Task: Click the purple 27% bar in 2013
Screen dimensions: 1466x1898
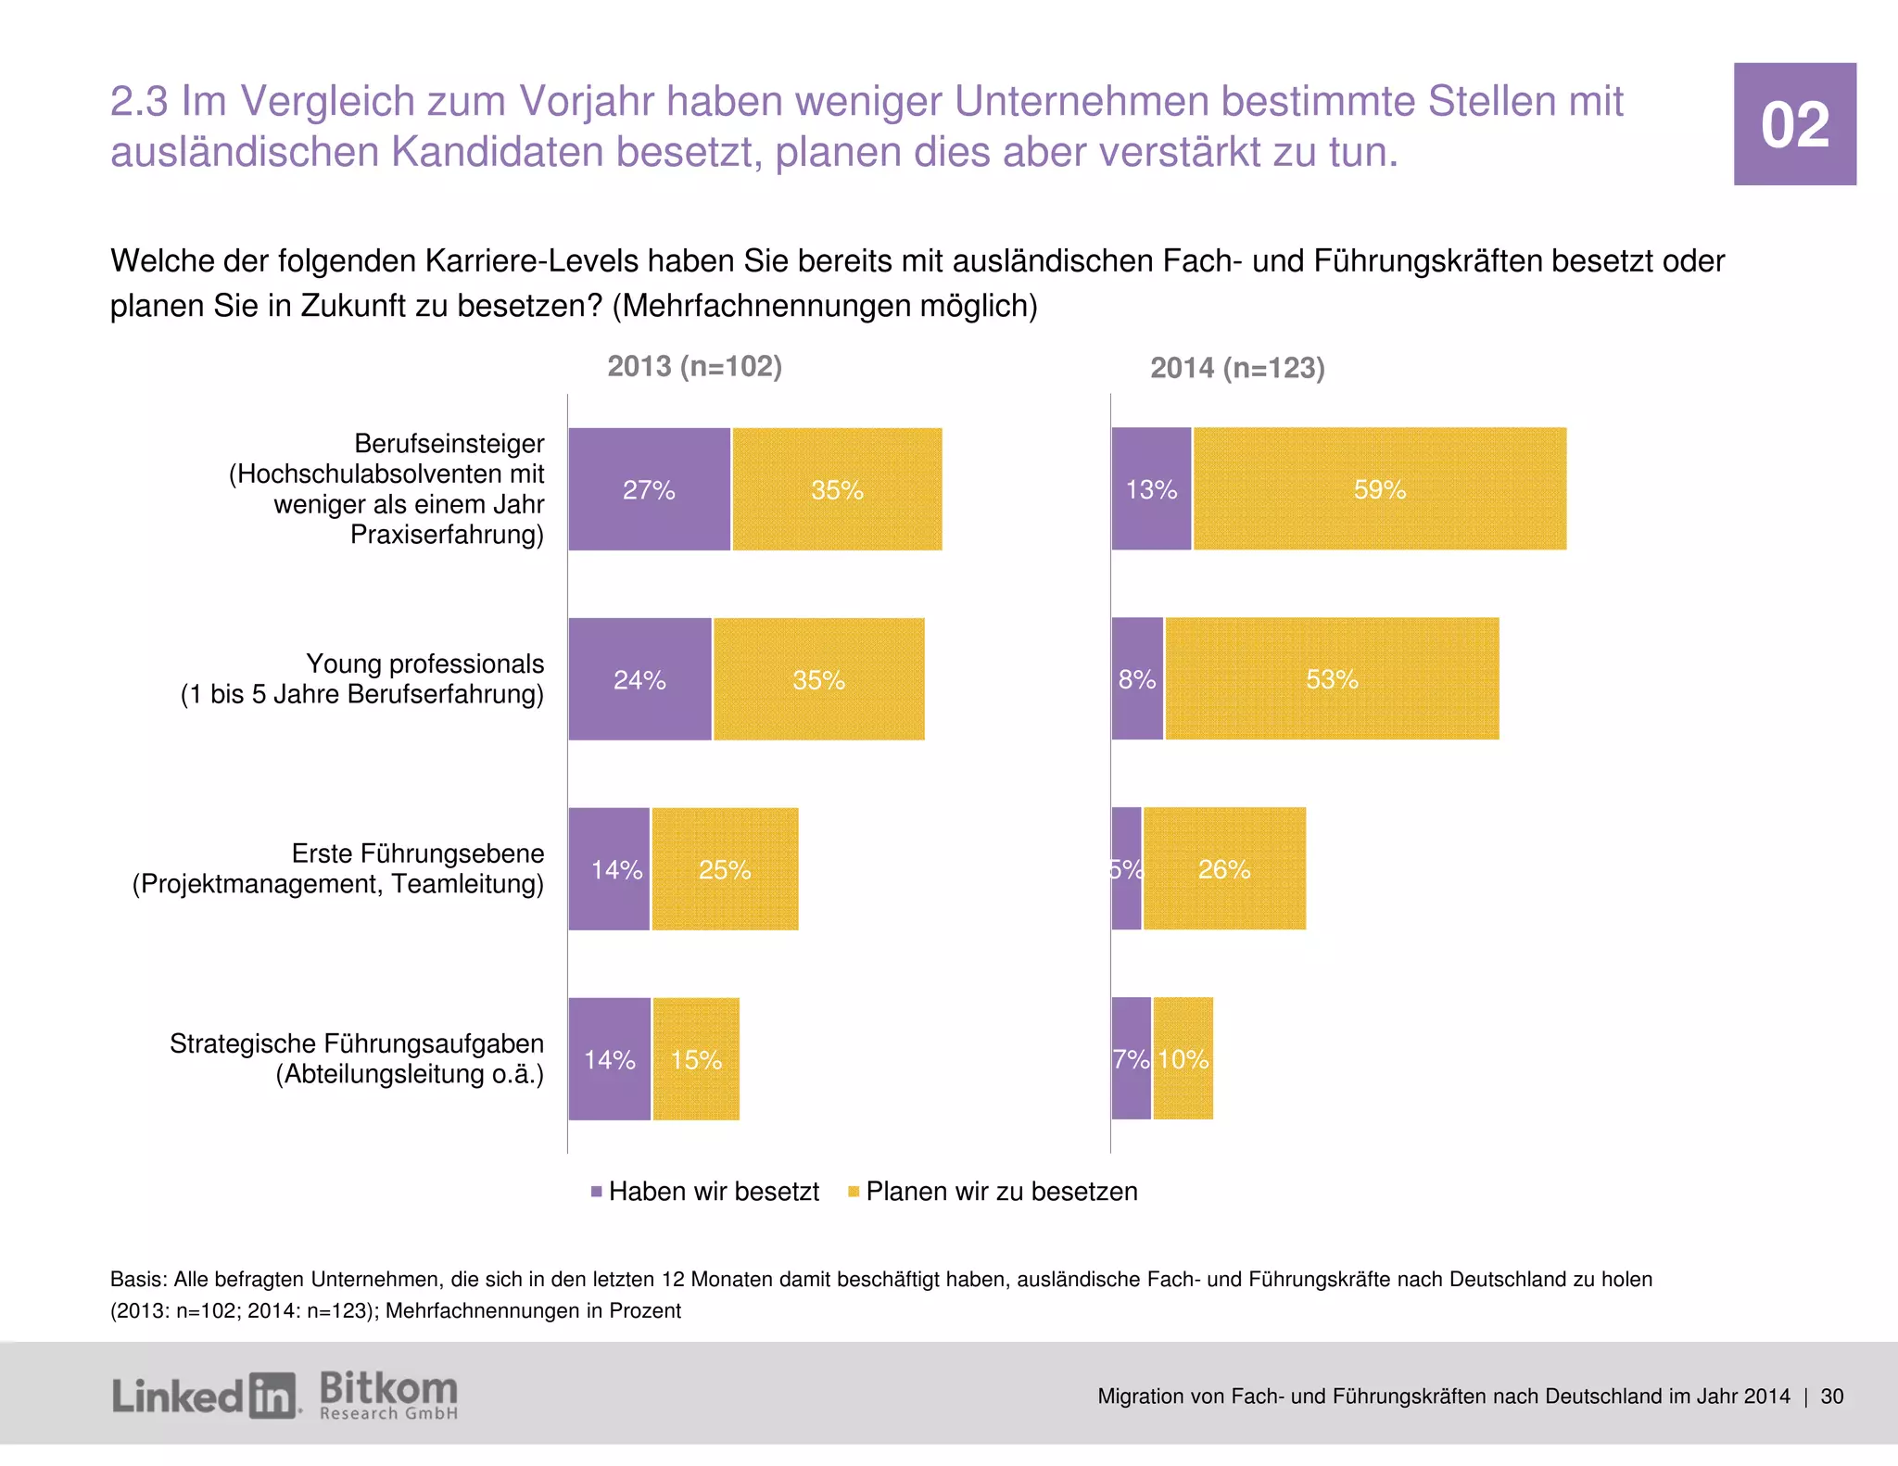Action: coord(649,489)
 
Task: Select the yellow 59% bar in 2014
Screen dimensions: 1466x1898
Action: coord(1379,489)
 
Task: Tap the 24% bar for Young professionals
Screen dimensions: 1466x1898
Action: coord(639,679)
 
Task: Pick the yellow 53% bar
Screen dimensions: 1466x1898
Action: coord(1332,679)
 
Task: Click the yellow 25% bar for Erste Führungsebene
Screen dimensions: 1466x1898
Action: coord(725,869)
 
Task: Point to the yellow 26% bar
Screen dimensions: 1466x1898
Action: coord(1224,869)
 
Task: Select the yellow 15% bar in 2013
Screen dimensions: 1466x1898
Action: coord(696,1059)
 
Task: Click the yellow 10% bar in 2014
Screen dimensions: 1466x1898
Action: coord(1183,1059)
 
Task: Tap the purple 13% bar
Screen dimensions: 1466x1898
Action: coord(1151,489)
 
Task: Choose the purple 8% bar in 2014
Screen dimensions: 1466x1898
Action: coord(1137,679)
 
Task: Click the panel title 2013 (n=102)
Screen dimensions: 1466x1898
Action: coord(694,366)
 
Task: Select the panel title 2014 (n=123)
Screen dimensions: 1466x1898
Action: coord(1237,368)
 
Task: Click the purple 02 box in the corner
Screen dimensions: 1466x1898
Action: coord(1794,124)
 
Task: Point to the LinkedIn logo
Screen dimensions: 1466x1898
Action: coord(204,1396)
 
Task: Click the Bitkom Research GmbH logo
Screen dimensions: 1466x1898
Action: coord(388,1396)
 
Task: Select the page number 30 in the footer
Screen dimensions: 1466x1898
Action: coord(1831,1396)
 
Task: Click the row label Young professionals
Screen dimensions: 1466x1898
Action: coord(424,663)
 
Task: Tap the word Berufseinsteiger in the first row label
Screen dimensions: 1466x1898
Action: coord(449,444)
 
